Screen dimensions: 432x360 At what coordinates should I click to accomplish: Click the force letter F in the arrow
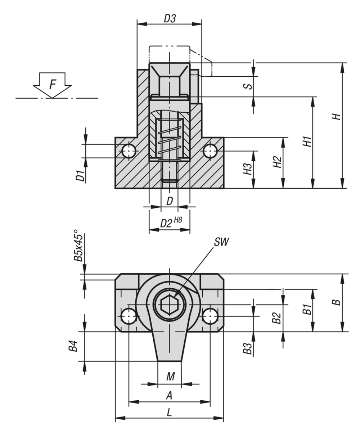[x=53, y=85]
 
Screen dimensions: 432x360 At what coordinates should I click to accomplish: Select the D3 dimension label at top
[x=170, y=19]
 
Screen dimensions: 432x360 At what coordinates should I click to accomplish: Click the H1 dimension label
[x=307, y=141]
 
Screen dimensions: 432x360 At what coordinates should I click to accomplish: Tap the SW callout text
[x=221, y=242]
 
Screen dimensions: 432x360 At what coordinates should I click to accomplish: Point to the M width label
[x=170, y=377]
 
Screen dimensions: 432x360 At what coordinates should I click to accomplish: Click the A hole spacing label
[x=169, y=396]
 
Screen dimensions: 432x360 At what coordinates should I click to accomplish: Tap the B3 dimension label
[x=247, y=348]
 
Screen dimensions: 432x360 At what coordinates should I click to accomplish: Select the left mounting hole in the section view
[x=129, y=151]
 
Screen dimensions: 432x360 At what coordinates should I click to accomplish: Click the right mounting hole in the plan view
[x=210, y=316]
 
